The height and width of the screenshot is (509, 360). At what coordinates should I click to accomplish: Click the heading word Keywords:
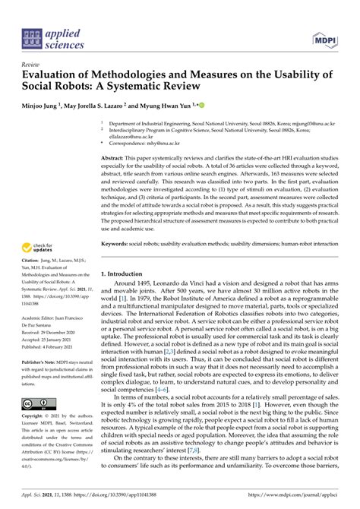pos(116,243)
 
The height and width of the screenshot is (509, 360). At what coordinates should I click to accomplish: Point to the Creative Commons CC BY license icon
pos(38,403)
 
